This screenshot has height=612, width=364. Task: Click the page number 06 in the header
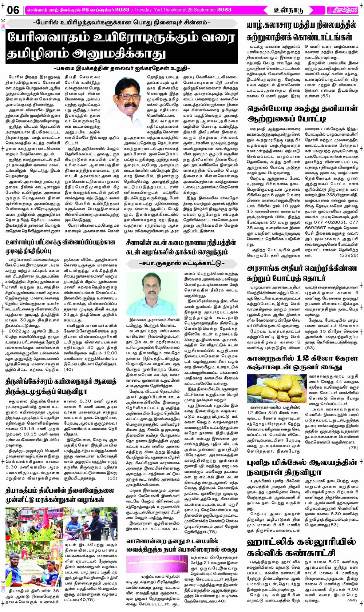13,10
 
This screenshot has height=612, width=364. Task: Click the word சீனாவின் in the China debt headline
140,243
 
